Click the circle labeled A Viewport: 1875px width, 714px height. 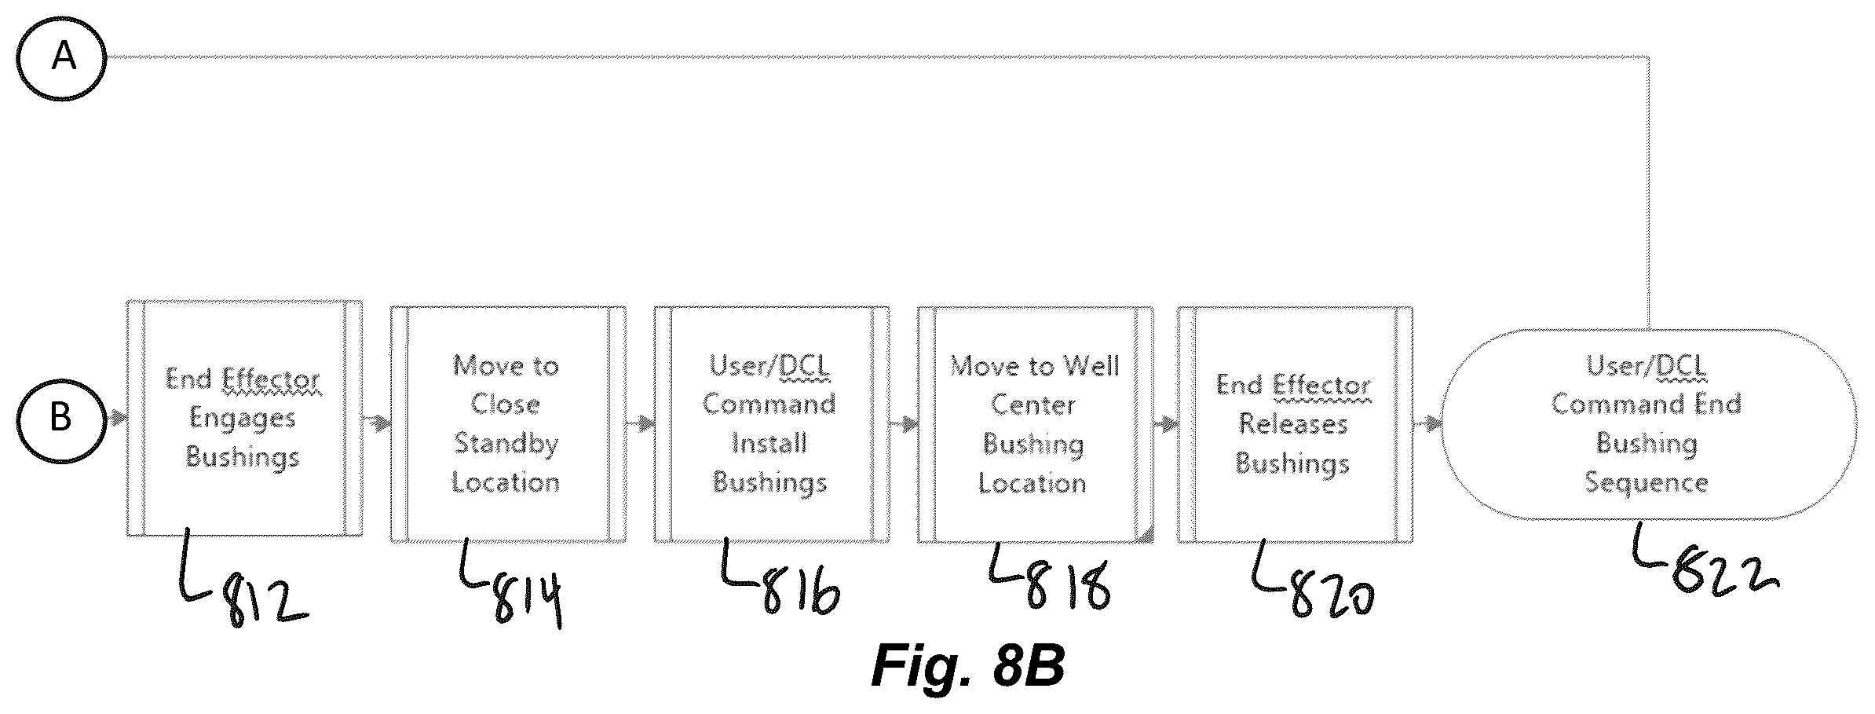(61, 57)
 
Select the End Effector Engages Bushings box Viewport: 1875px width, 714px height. (244, 418)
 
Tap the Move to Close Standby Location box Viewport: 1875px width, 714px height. (508, 424)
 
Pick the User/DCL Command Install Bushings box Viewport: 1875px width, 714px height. (772, 424)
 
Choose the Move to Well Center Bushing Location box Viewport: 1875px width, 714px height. (1036, 424)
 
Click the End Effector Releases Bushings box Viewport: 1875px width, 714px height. (1296, 424)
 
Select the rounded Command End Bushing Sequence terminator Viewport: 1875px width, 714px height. (1649, 424)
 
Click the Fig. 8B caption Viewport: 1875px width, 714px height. (968, 667)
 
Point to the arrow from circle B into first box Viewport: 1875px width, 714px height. (116, 418)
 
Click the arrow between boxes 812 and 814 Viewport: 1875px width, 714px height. (376, 424)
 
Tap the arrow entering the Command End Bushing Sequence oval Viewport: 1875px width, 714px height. (1427, 424)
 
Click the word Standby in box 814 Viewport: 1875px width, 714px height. (506, 444)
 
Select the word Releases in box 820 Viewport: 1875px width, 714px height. (1293, 424)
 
